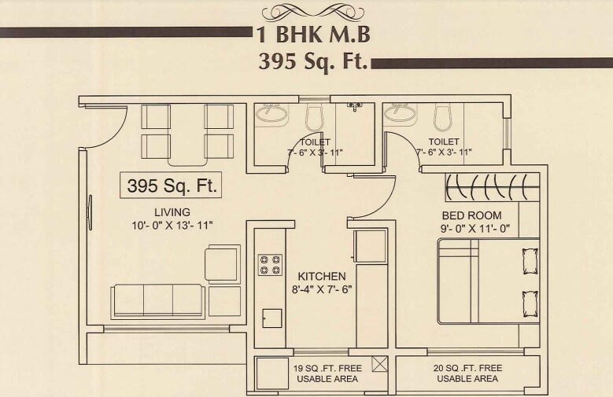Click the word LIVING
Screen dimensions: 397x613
pyautogui.click(x=172, y=212)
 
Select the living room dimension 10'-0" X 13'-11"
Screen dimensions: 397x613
pyautogui.click(x=173, y=225)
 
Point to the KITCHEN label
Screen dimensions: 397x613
pyautogui.click(x=321, y=277)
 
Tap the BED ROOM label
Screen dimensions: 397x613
pyautogui.click(x=472, y=215)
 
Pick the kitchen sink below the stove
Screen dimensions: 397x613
pyautogui.click(x=271, y=318)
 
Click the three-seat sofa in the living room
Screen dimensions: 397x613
pyautogui.click(x=157, y=300)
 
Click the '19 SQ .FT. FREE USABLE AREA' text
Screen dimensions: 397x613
pyautogui.click(x=327, y=373)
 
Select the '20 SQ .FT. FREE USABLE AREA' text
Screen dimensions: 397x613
pyautogui.click(x=467, y=373)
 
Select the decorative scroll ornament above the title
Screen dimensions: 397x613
pyautogui.click(x=313, y=12)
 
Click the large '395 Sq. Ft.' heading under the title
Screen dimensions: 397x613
pyautogui.click(x=313, y=61)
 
